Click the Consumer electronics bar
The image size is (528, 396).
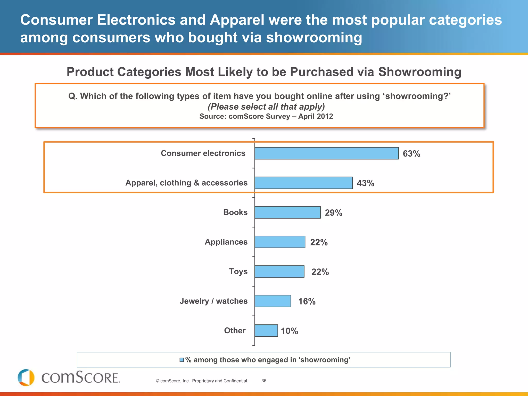click(x=326, y=153)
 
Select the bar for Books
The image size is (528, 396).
click(x=287, y=212)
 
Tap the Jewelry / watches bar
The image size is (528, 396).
click(x=273, y=301)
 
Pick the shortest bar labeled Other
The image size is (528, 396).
click(x=266, y=331)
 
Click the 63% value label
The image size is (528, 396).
click(x=411, y=154)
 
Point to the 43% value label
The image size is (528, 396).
click(x=365, y=183)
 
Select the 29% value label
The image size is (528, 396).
click(x=333, y=213)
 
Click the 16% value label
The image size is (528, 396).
click(x=307, y=301)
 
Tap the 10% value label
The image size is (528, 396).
click(x=289, y=331)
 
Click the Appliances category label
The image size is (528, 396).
click(x=226, y=242)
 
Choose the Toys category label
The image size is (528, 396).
click(x=238, y=271)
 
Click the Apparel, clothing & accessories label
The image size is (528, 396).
click(x=186, y=183)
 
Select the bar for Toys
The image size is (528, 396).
click(x=279, y=271)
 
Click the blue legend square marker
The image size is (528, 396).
click(x=182, y=360)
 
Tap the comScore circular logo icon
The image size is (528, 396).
click(x=26, y=378)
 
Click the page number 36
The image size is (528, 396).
click(x=264, y=381)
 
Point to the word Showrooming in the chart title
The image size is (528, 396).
click(x=419, y=72)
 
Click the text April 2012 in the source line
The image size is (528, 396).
click(x=315, y=117)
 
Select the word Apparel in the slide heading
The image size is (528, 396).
click(x=237, y=20)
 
